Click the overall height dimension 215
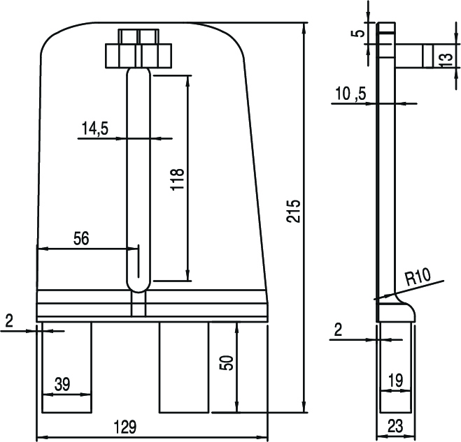click(x=294, y=211)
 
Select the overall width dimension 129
click(x=125, y=426)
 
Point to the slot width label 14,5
click(x=99, y=128)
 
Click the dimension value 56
click(x=81, y=238)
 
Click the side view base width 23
click(x=395, y=426)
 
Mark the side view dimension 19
click(x=395, y=381)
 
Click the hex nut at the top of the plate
click(x=139, y=54)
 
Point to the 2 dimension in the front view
click(x=8, y=321)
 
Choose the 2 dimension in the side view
click(x=338, y=330)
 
